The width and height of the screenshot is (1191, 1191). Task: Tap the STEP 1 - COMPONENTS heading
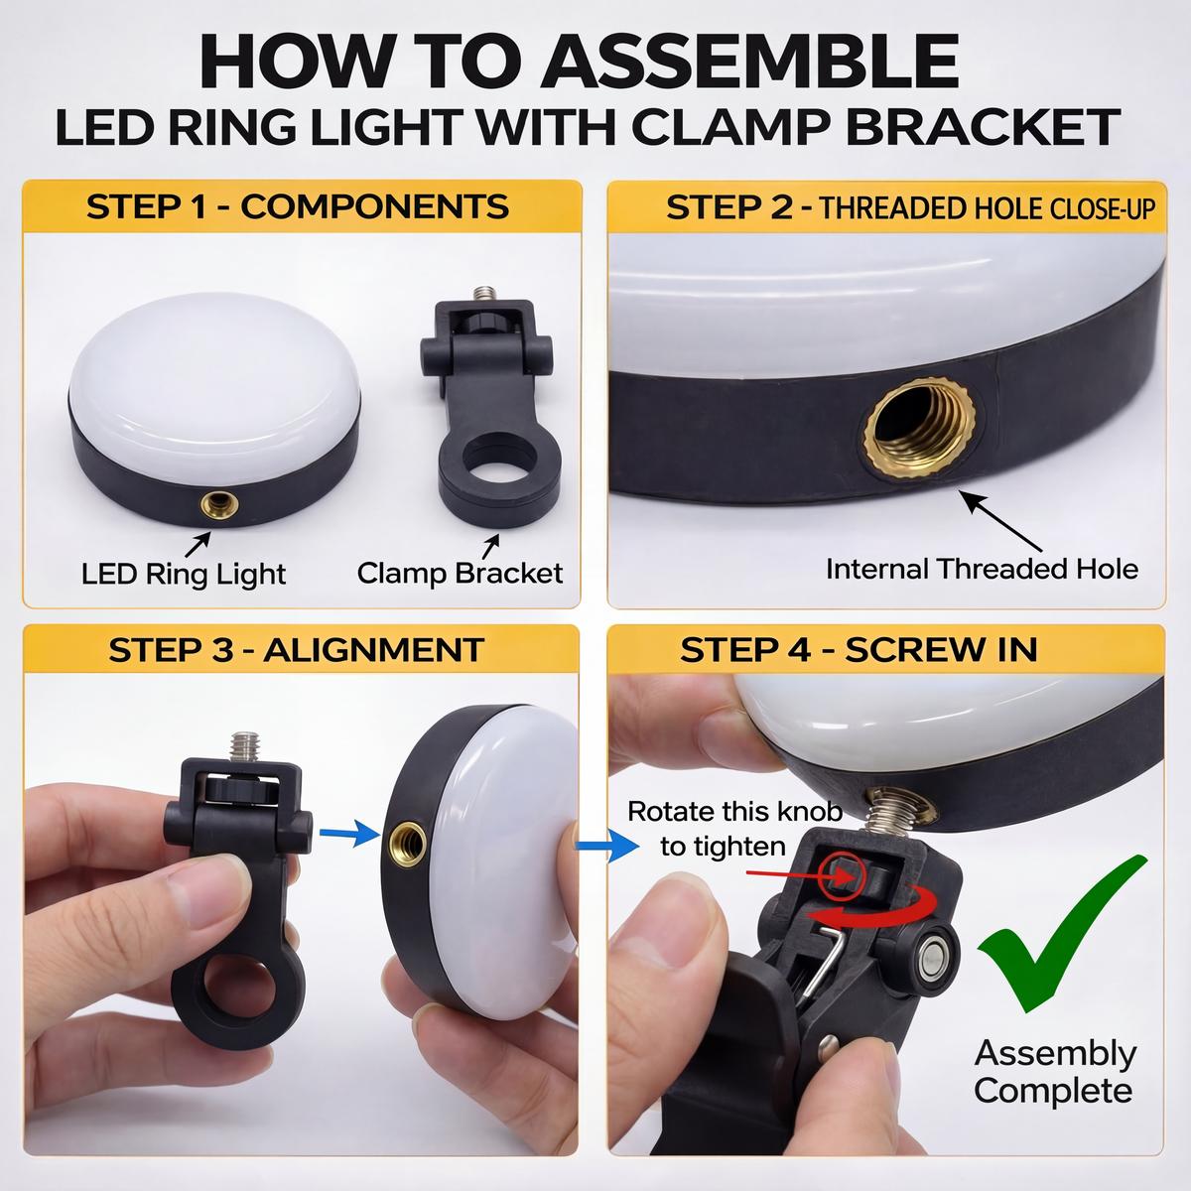point(297,206)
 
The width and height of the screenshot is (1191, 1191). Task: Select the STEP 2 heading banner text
point(913,207)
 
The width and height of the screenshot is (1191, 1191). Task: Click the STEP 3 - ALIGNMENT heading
point(297,650)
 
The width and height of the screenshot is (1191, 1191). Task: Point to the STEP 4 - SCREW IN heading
point(859,650)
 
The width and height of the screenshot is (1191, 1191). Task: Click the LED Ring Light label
point(184,574)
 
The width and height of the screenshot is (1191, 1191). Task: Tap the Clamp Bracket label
point(460,573)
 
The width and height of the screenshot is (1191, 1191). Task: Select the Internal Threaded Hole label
point(981,569)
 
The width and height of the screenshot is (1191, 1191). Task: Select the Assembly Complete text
point(1054,1072)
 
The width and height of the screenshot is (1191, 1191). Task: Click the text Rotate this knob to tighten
point(734,829)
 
